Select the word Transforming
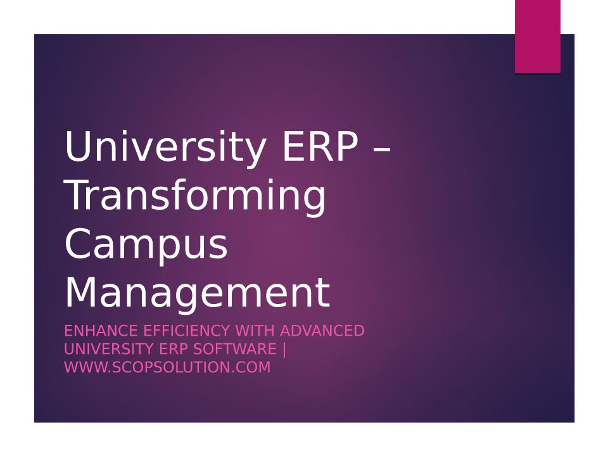pos(196,196)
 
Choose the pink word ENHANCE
pos(101,331)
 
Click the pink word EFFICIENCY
pos(186,331)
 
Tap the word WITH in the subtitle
pos(255,331)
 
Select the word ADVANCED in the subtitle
pos(322,331)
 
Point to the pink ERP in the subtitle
pos(174,349)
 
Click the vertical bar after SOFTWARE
pos(284,350)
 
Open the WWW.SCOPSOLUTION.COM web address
pos(167,367)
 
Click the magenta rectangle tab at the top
pos(538,37)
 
